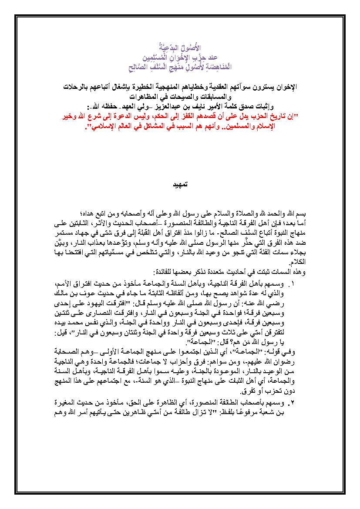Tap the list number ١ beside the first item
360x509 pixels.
[291, 284]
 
